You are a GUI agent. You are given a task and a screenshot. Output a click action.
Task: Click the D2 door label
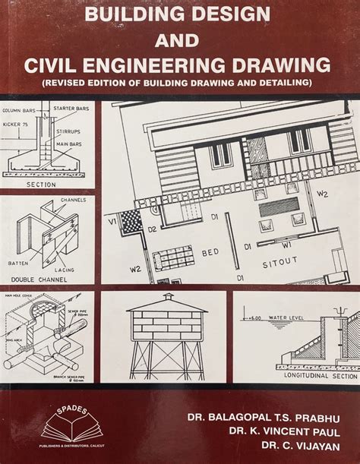(x=151, y=228)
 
